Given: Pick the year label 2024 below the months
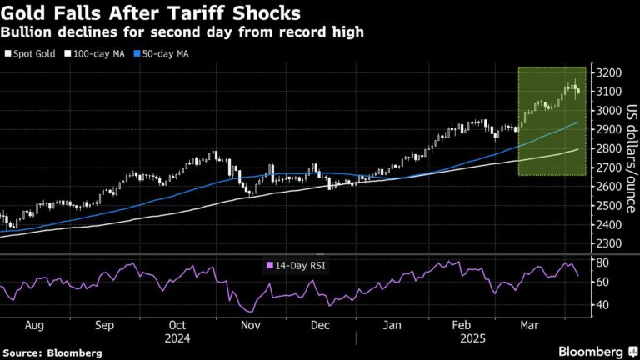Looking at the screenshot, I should (x=177, y=338).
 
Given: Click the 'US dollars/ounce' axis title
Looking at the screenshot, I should (x=631, y=158).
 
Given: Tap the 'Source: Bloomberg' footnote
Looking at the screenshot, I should (x=52, y=352).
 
